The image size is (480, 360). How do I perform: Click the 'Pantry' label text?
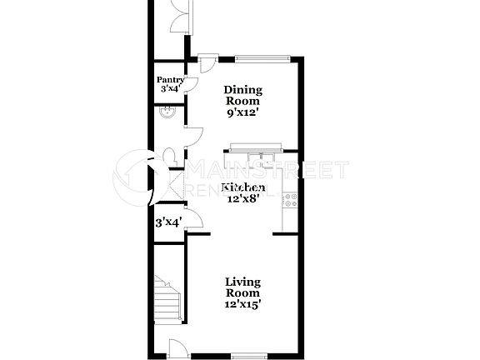click(x=171, y=80)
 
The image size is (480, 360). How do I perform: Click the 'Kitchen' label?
click(x=243, y=187)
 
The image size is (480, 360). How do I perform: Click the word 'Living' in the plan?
click(x=242, y=282)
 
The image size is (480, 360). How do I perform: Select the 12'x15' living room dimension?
click(x=242, y=304)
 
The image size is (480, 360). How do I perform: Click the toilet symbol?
click(x=170, y=156)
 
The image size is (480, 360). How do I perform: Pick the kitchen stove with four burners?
click(x=291, y=201)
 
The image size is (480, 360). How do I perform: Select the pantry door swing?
click(x=190, y=83)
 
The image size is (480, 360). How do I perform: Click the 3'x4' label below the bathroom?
click(x=168, y=222)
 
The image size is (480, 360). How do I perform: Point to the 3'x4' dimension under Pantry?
click(x=170, y=89)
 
